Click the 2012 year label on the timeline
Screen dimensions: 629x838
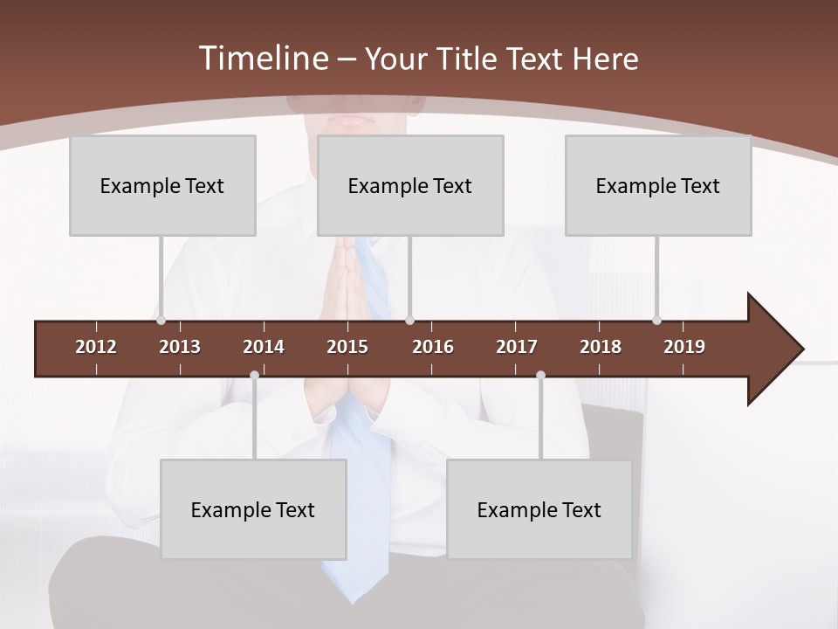tap(96, 347)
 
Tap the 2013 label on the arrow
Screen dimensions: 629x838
tap(180, 347)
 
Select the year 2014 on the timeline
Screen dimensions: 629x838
tap(264, 347)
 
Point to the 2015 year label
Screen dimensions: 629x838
tap(347, 347)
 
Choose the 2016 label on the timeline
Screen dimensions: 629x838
tap(433, 347)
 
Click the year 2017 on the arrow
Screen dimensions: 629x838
tap(517, 347)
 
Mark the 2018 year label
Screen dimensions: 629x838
tap(601, 347)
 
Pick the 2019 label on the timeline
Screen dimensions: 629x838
tap(684, 347)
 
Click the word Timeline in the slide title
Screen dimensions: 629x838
tap(262, 59)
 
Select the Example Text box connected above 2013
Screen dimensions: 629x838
tap(162, 185)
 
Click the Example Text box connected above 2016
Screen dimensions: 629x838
tap(410, 185)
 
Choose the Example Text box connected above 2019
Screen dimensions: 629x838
tap(658, 185)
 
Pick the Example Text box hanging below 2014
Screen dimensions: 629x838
tap(253, 509)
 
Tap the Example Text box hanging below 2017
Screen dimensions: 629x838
tap(539, 509)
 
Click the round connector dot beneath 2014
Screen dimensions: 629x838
tap(254, 376)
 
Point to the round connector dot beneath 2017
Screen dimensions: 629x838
tap(540, 376)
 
